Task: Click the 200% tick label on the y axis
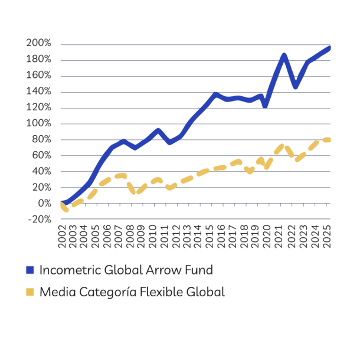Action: (38, 44)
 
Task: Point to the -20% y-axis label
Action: (38, 219)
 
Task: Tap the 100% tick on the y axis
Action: (38, 123)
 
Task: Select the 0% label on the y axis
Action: (45, 203)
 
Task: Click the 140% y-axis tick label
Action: (38, 91)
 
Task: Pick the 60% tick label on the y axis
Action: (41, 155)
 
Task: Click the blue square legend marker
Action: (31, 270)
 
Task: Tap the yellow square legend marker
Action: (31, 292)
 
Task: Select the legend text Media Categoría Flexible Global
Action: (132, 292)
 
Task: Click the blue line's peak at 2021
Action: (284, 54)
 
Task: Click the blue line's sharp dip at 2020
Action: (266, 106)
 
